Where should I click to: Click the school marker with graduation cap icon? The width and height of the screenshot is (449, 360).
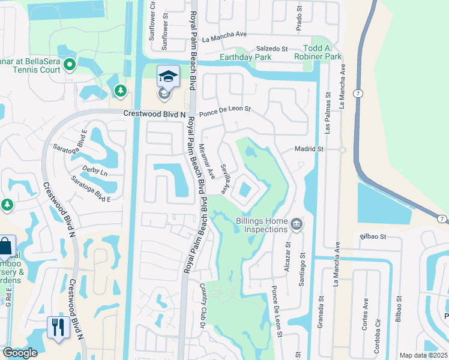tap(168, 77)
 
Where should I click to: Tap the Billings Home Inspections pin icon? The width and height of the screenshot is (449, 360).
tap(296, 225)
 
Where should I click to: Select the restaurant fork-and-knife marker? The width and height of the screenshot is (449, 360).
tap(58, 328)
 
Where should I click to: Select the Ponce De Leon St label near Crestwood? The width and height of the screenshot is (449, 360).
tap(224, 111)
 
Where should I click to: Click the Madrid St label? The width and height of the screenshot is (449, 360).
tap(309, 149)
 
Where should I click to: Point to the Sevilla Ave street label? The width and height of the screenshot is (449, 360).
tap(224, 179)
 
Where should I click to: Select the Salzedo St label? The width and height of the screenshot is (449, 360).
tap(273, 48)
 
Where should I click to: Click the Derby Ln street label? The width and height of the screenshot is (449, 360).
tap(95, 172)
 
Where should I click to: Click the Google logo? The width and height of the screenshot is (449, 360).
tap(19, 353)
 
